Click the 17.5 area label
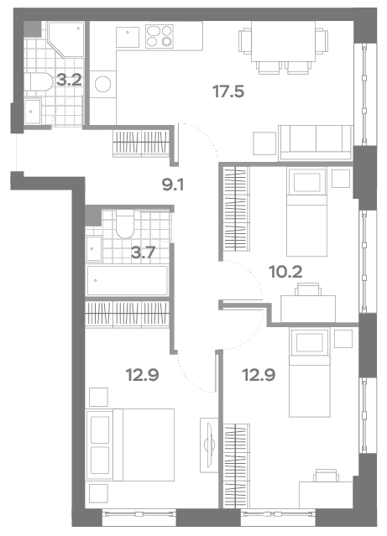(x=228, y=91)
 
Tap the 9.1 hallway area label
(x=173, y=185)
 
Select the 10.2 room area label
(x=285, y=273)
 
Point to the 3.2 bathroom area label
(x=69, y=81)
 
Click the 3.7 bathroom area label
(x=144, y=253)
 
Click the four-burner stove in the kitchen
(x=160, y=36)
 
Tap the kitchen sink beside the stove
(x=128, y=37)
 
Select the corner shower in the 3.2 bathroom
(x=66, y=39)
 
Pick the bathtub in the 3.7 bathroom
(x=128, y=281)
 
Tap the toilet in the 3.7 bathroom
(x=125, y=224)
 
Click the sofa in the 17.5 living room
(x=316, y=143)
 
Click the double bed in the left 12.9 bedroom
(x=130, y=445)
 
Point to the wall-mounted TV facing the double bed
(x=209, y=445)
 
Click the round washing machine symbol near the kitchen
(x=103, y=84)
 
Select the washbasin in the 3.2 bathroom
(x=33, y=112)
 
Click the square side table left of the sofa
(x=264, y=143)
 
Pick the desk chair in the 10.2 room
(x=308, y=289)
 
